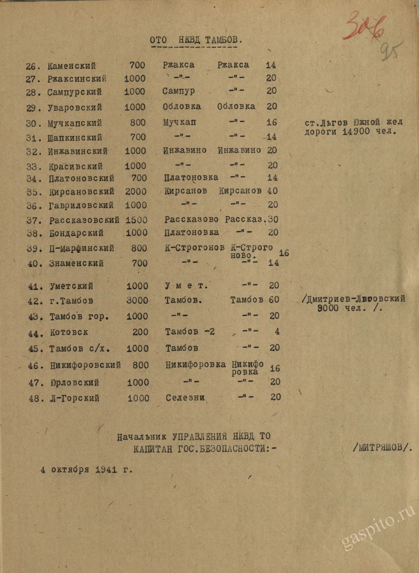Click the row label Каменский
pos(72,66)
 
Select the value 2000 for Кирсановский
pos(136,192)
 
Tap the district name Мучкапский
pos(74,123)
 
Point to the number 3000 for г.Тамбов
pos(137,300)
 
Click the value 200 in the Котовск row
pos(140,332)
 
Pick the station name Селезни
pos(185,398)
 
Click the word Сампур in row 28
pos(179,91)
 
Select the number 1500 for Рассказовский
pos(137,220)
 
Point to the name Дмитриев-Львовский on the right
pos(356,299)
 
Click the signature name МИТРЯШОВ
pos(382,447)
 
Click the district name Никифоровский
pos(85,365)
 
